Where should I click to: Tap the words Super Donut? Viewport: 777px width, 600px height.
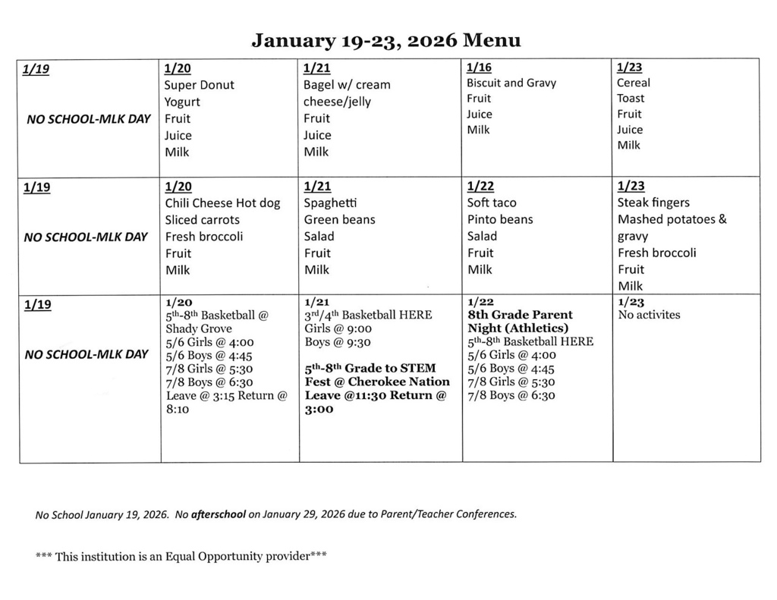[x=200, y=85]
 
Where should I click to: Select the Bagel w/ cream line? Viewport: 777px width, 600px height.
[x=347, y=85]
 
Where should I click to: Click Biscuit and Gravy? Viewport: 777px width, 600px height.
[x=511, y=83]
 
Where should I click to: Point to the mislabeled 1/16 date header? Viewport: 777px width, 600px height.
[x=479, y=68]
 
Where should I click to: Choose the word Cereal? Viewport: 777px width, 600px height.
[x=633, y=83]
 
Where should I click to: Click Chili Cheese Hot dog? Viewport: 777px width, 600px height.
[x=222, y=203]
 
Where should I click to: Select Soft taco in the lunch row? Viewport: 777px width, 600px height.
[x=492, y=203]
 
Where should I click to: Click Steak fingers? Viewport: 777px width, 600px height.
[x=653, y=203]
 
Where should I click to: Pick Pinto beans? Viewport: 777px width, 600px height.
[x=500, y=220]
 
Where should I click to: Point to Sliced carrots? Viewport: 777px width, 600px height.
[x=202, y=220]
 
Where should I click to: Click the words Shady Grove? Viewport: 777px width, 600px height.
[x=199, y=328]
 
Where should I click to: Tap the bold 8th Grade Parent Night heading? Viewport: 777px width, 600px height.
[x=520, y=321]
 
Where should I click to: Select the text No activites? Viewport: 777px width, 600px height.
[x=649, y=315]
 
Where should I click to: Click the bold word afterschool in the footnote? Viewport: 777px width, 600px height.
[x=219, y=514]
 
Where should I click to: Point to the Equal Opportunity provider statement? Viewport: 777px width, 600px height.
[x=181, y=556]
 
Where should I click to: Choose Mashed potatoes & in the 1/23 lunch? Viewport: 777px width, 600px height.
[x=672, y=220]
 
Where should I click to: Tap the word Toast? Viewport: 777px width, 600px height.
[x=631, y=99]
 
